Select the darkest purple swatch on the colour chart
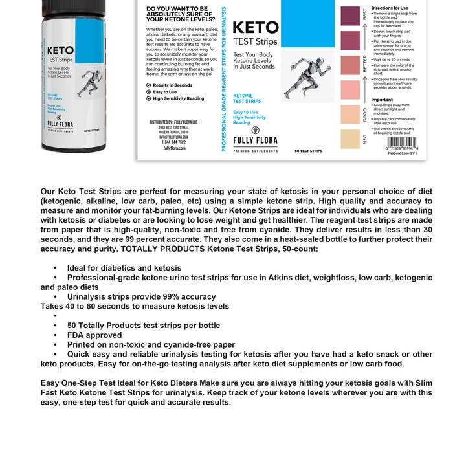point(349,16)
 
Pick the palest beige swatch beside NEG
point(349,139)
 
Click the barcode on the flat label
point(401,142)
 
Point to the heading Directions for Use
point(390,8)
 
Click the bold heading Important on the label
point(383,100)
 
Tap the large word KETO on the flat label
point(255,28)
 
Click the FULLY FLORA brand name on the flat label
point(254,140)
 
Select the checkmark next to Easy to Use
point(148,92)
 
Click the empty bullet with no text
point(56,316)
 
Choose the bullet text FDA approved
point(94,335)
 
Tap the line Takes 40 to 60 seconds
point(135,306)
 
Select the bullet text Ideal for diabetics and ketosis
point(124,268)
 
